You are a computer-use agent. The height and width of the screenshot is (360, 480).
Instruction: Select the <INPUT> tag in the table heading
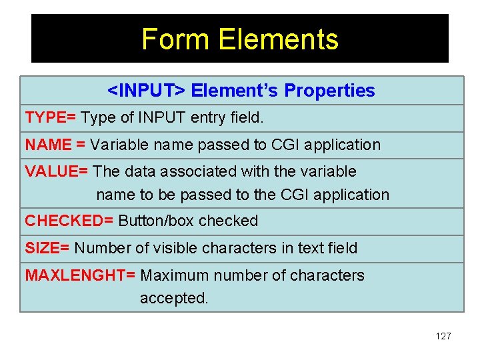(x=147, y=91)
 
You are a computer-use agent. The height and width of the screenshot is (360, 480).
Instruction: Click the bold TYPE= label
(x=50, y=118)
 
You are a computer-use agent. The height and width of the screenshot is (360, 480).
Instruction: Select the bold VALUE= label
(x=57, y=171)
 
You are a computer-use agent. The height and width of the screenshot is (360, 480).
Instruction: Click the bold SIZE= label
(x=47, y=249)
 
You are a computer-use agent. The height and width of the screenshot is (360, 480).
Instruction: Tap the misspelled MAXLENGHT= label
(x=81, y=275)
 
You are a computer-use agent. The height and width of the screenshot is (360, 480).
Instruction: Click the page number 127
(x=443, y=336)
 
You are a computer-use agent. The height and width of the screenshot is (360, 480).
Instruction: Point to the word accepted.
(x=174, y=299)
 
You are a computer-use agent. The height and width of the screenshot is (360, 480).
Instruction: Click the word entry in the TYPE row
(x=211, y=118)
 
